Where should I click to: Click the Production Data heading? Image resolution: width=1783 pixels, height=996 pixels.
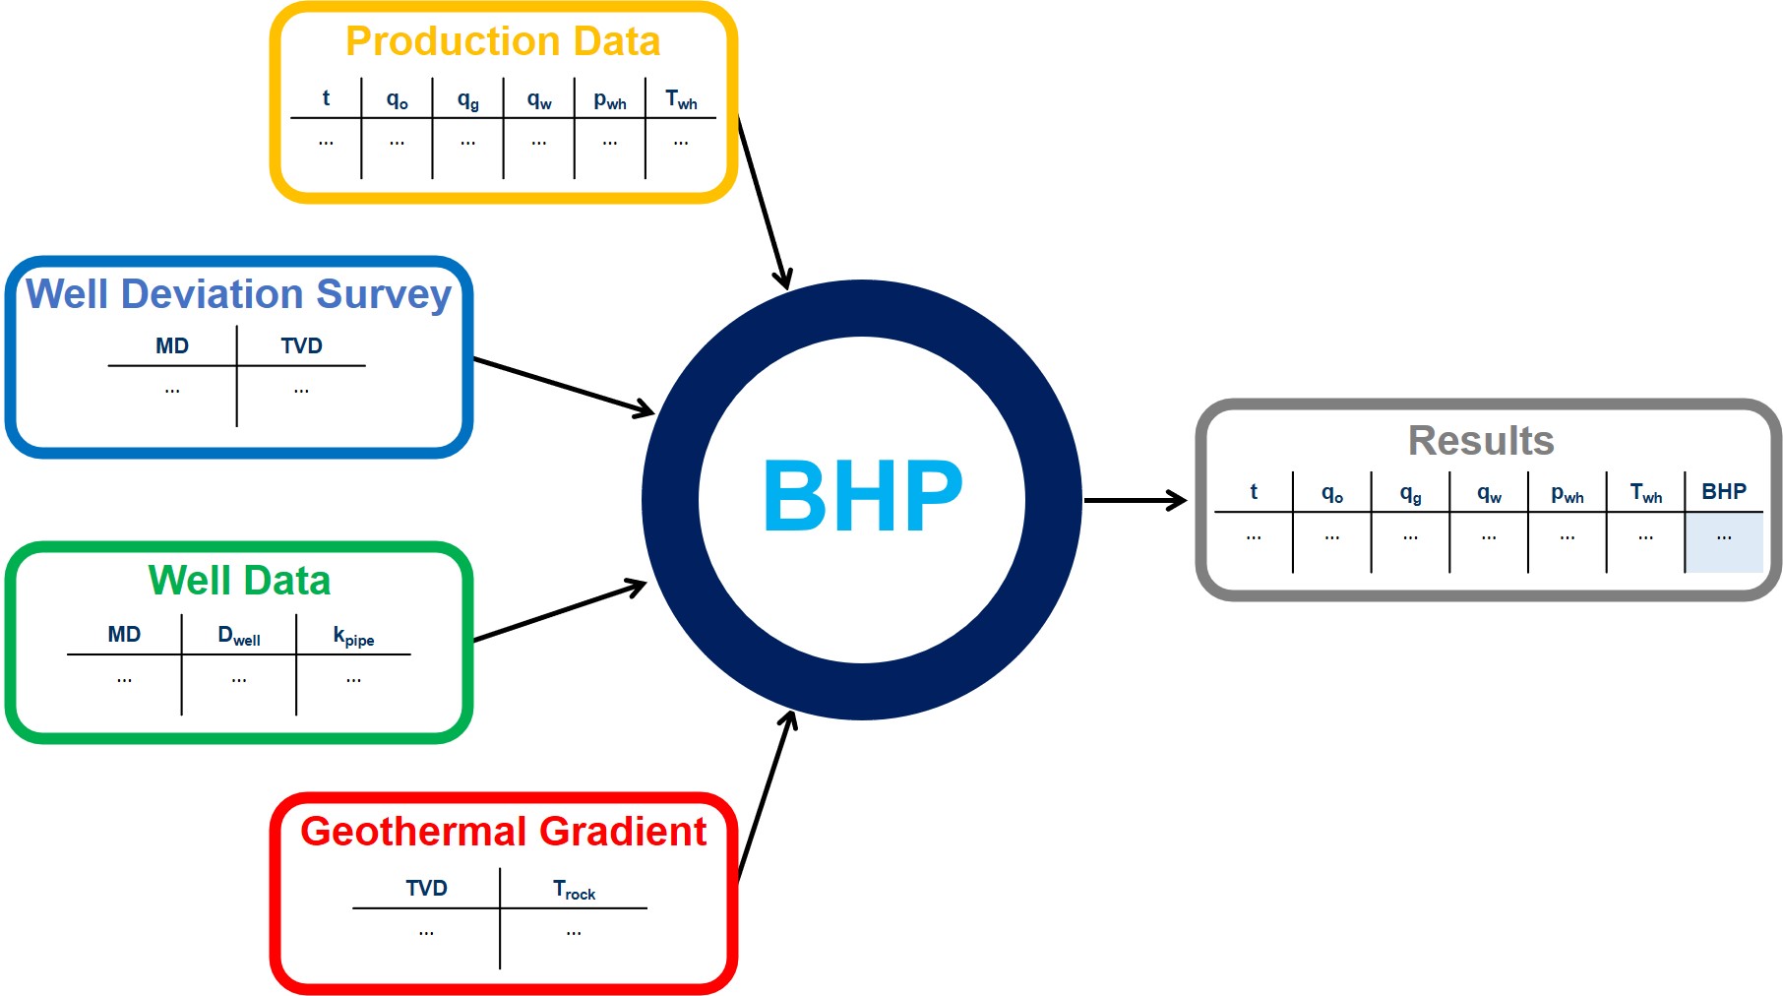pos(503,41)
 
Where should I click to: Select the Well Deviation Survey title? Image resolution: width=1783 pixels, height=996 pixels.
pos(238,294)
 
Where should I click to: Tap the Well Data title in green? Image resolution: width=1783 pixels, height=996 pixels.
pos(239,581)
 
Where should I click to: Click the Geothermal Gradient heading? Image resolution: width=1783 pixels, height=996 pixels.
pos(503,832)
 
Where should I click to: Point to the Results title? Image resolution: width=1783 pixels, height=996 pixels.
pos(1481,441)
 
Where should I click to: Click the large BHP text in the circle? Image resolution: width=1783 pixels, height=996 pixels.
pos(862,497)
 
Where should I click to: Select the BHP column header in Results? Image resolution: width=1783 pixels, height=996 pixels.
pos(1724,492)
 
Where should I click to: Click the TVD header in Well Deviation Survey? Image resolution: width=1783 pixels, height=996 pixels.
pos(301,346)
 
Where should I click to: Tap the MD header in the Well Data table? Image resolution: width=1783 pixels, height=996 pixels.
pos(124,635)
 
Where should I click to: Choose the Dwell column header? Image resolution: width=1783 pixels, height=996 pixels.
pos(239,636)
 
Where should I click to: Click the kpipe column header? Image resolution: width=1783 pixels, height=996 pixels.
pos(353,637)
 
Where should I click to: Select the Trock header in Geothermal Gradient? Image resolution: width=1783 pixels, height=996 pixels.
pos(574,891)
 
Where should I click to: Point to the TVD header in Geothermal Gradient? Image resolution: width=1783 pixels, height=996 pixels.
pos(426,889)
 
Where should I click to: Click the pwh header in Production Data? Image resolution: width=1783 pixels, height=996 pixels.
pos(610,100)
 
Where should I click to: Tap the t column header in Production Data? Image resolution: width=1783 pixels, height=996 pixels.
pos(326,98)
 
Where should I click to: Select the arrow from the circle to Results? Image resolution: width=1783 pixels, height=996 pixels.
pos(1134,500)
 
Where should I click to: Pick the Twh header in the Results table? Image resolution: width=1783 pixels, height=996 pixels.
pos(1645,493)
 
